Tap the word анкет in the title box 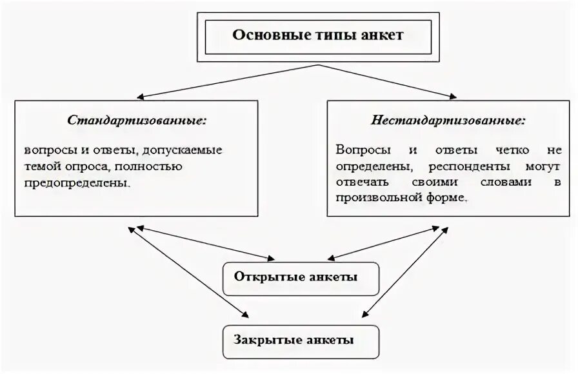383,35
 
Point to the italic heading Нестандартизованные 448,121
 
